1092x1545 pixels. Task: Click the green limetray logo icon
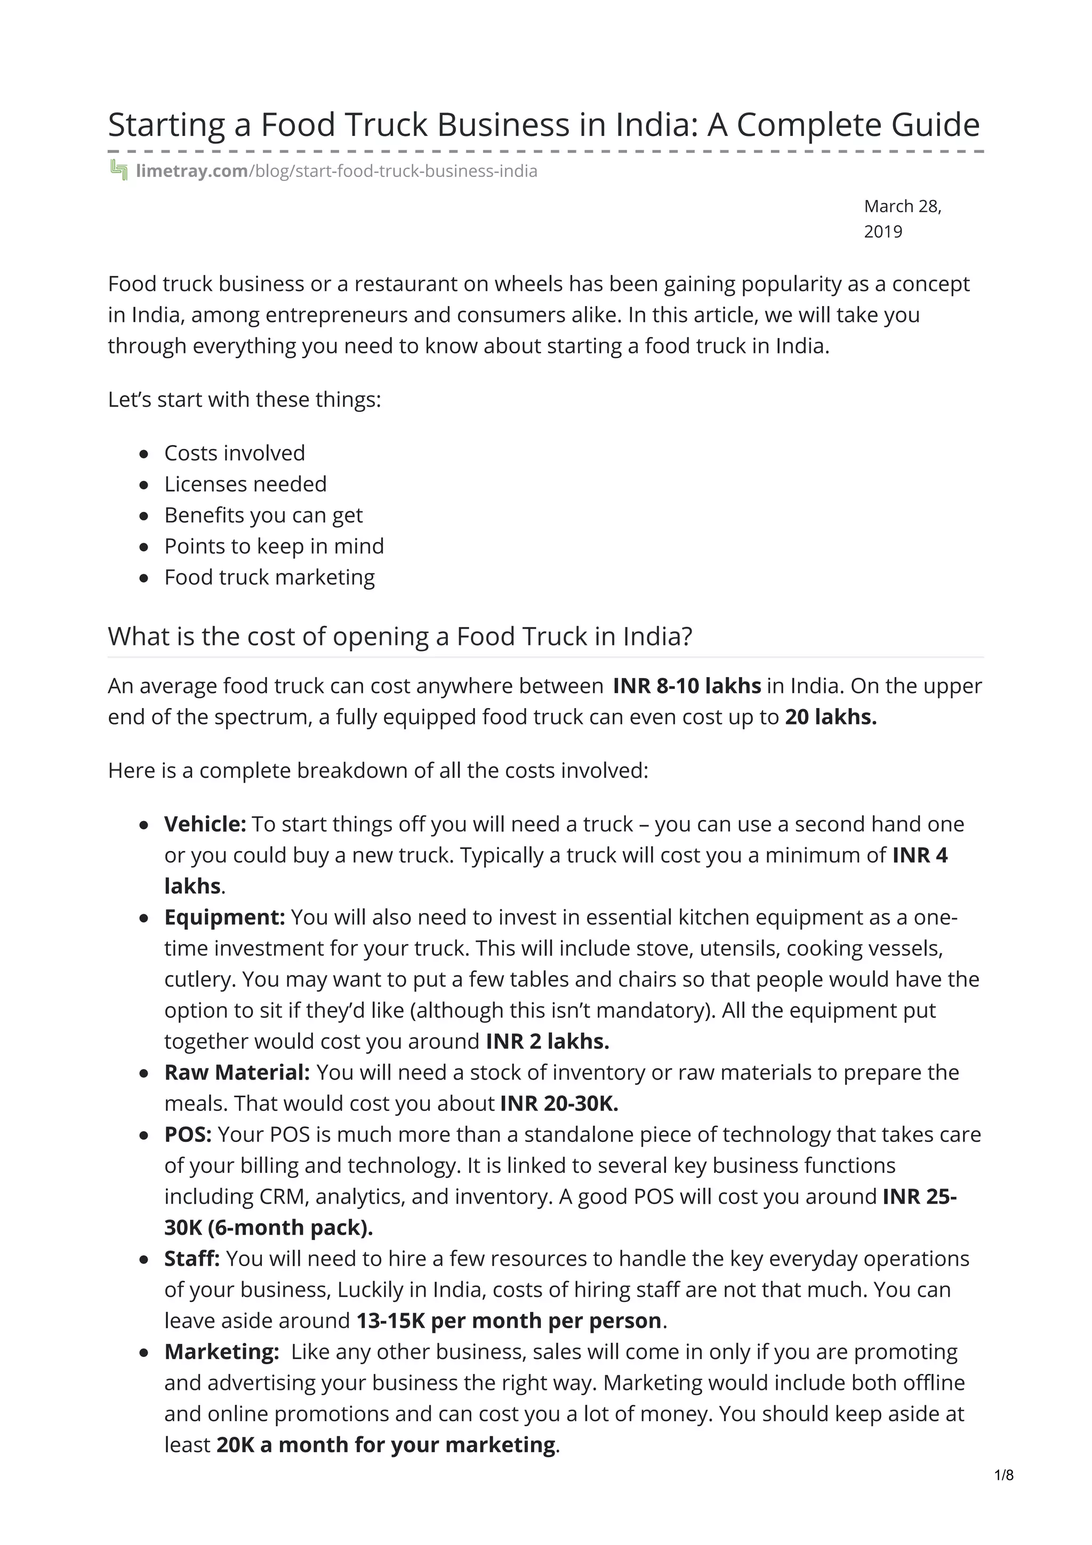click(118, 171)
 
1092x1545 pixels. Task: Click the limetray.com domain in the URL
click(192, 171)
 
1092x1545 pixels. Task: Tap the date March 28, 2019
click(902, 219)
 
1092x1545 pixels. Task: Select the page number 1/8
click(1003, 1475)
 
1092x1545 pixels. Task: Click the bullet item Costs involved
click(234, 453)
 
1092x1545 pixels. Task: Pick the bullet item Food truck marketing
click(269, 577)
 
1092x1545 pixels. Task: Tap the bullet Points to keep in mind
click(274, 546)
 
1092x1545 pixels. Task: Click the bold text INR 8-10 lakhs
click(686, 686)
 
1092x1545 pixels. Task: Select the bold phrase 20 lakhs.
click(830, 717)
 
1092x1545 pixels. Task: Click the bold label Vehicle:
click(205, 824)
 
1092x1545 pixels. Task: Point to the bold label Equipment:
click(224, 916)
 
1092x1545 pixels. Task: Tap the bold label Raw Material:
click(237, 1072)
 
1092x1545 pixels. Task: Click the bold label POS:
click(188, 1134)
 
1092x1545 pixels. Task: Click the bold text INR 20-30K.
click(558, 1103)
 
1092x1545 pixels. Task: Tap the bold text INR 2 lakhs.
click(547, 1041)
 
